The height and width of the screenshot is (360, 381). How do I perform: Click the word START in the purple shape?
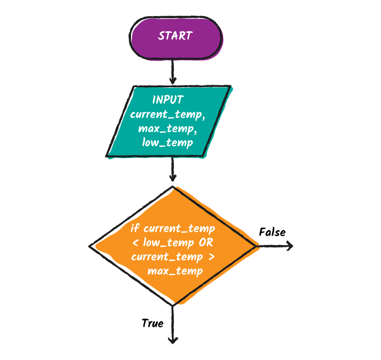click(175, 36)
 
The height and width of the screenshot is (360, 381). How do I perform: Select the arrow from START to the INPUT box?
click(173, 71)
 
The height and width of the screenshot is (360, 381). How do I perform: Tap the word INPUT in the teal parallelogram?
click(168, 100)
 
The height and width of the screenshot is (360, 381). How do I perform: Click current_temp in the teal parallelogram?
click(168, 114)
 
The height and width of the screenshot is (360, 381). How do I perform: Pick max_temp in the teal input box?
click(168, 129)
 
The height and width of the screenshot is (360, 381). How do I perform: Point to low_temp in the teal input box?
click(168, 143)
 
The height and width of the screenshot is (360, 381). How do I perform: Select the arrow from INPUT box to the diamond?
click(173, 169)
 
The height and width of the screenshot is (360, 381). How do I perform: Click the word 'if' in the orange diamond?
click(135, 228)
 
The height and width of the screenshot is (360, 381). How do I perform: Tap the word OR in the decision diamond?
click(206, 242)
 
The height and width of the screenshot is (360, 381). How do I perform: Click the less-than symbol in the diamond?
click(135, 242)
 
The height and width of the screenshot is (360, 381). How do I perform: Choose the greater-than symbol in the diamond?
click(211, 257)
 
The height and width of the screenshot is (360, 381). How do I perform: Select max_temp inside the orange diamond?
click(175, 271)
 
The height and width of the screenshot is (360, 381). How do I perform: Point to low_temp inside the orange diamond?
click(168, 243)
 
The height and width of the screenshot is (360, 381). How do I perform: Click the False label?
click(272, 232)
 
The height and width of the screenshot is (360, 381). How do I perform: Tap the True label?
click(152, 323)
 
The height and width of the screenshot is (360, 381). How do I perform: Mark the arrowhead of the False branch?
click(290, 246)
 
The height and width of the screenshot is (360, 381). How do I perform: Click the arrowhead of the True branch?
click(173, 341)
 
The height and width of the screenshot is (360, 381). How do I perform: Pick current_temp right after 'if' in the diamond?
click(179, 229)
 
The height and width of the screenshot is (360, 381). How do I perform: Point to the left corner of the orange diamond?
click(89, 246)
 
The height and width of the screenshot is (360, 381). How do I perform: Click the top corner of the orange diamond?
click(173, 187)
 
